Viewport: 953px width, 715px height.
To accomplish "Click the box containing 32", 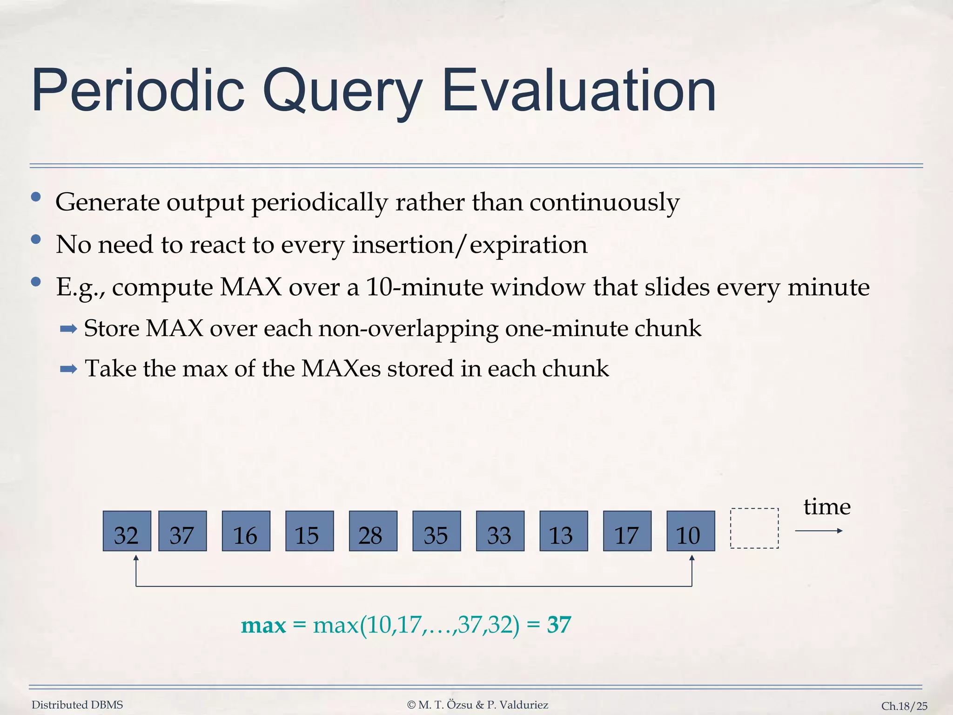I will point(127,531).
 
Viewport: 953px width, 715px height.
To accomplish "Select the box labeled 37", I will point(182,531).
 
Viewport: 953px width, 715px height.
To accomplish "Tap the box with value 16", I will point(246,531).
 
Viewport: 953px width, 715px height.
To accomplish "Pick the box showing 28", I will point(373,531).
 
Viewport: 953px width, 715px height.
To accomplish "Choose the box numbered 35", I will point(436,531).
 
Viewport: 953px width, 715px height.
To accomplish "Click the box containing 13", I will point(563,531).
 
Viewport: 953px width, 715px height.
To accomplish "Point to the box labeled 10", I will point(690,531).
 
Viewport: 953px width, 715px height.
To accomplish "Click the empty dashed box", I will point(754,528).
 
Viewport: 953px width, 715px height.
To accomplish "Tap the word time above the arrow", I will point(826,506).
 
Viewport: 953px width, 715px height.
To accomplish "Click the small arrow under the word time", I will point(819,531).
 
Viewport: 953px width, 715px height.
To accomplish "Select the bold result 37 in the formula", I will point(559,625).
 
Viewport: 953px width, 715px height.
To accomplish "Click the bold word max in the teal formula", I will point(263,625).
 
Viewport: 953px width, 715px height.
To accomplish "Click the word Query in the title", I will point(342,91).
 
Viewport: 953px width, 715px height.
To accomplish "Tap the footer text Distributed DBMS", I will point(77,705).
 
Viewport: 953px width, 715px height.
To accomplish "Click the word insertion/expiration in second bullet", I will point(470,245).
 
